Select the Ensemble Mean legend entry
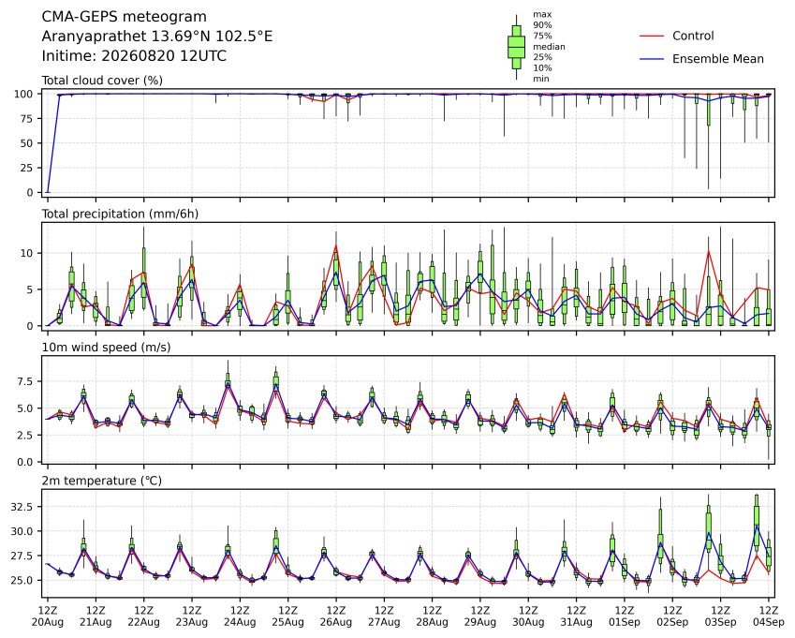click(701, 59)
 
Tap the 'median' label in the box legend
click(549, 47)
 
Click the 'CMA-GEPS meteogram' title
click(125, 17)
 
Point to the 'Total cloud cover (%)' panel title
click(102, 81)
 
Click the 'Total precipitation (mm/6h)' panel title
click(120, 214)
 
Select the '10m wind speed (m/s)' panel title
click(106, 348)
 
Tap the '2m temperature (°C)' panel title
click(101, 481)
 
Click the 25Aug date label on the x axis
click(288, 622)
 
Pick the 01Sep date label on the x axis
click(625, 622)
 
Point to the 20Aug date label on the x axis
click(48, 622)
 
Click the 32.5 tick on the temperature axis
click(22, 507)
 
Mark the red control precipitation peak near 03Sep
click(708, 250)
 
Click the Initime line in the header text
click(134, 56)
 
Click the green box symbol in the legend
click(516, 47)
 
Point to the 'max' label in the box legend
click(542, 15)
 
